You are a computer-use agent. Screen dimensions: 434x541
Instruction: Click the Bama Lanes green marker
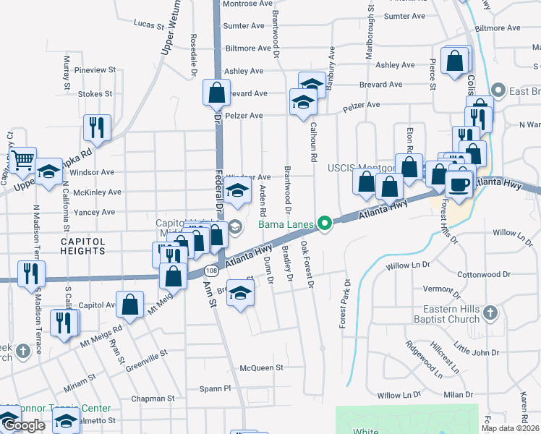(x=326, y=224)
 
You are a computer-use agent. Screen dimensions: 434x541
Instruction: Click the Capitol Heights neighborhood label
(x=82, y=246)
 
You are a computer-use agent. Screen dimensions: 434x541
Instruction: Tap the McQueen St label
(x=262, y=368)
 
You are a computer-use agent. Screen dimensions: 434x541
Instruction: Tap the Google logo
(x=24, y=425)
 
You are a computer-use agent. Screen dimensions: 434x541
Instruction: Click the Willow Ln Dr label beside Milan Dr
(x=399, y=395)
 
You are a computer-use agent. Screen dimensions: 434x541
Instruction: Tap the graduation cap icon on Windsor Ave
(x=236, y=191)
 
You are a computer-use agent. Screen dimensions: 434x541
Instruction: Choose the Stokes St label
(x=95, y=94)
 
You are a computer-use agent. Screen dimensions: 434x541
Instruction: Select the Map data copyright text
(x=510, y=428)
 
